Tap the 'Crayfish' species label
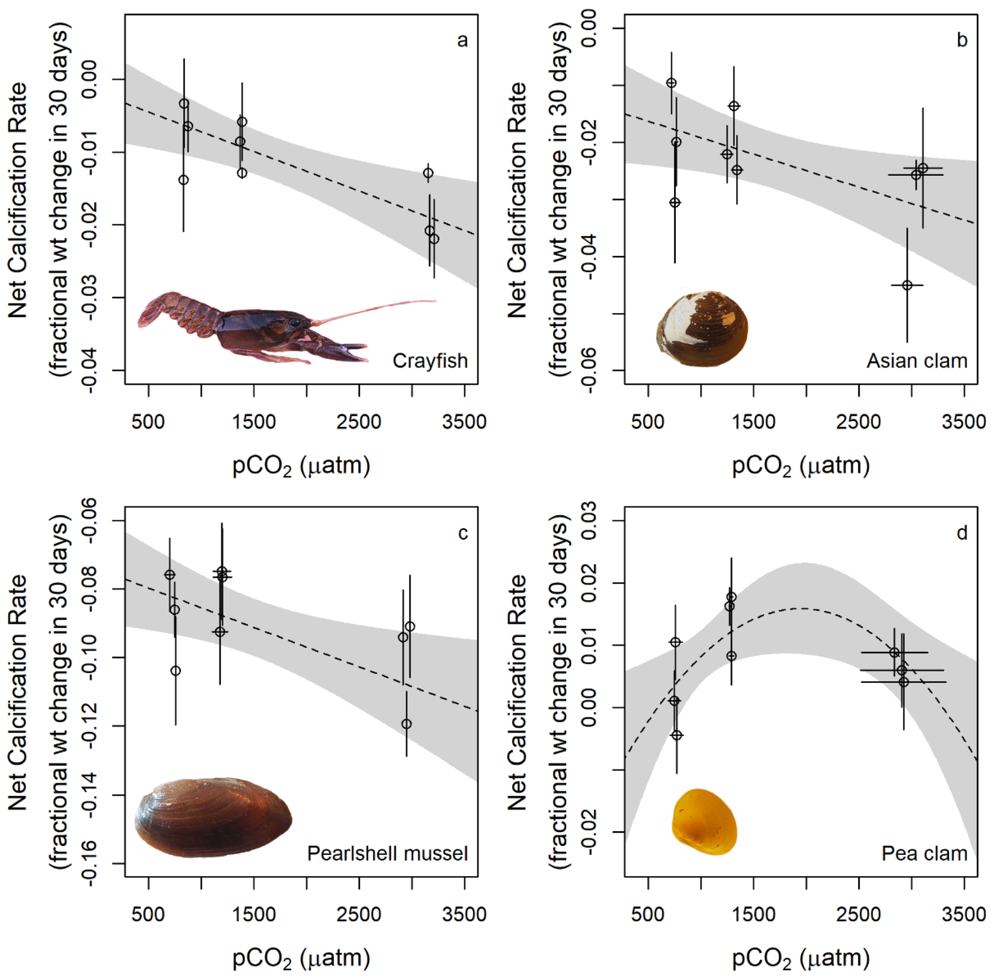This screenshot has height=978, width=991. (430, 361)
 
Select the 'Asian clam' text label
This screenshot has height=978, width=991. (917, 361)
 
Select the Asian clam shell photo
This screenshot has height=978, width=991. (702, 329)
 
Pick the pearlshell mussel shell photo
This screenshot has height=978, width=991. (213, 817)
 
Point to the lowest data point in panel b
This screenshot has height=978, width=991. (907, 285)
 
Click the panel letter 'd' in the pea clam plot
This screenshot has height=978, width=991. (962, 533)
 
